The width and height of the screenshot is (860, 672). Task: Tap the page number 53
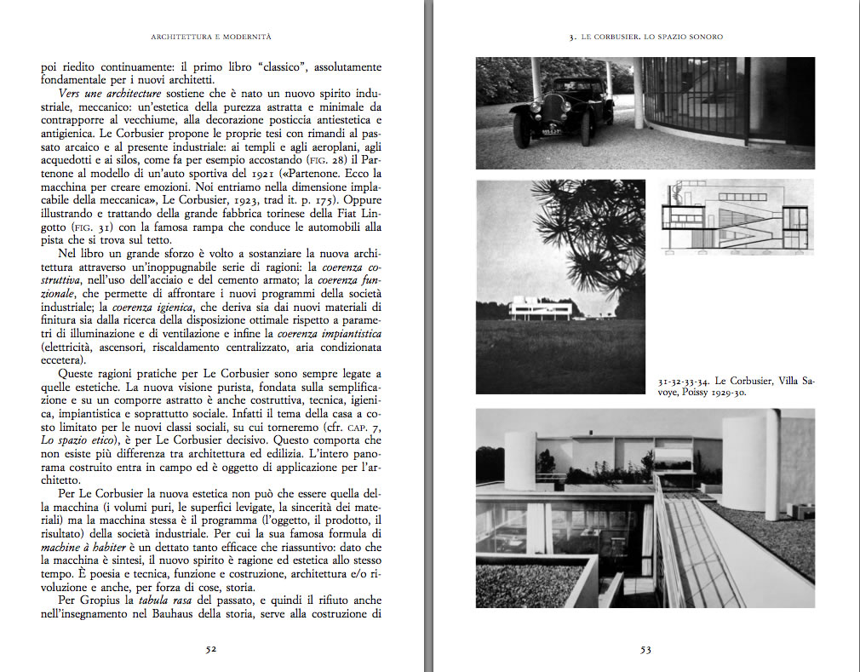(x=645, y=650)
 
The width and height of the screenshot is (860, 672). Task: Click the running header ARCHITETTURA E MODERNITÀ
(x=210, y=37)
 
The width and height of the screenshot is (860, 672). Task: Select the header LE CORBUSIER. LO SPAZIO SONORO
(x=645, y=37)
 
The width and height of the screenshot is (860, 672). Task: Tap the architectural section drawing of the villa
(x=737, y=217)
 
